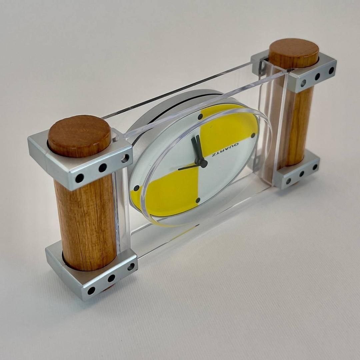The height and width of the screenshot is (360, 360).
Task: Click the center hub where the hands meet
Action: [203, 163]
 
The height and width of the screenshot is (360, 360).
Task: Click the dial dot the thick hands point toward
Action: [200, 117]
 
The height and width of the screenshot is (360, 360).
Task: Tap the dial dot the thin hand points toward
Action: [136, 188]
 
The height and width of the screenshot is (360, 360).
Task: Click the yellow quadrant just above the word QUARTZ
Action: [227, 129]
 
